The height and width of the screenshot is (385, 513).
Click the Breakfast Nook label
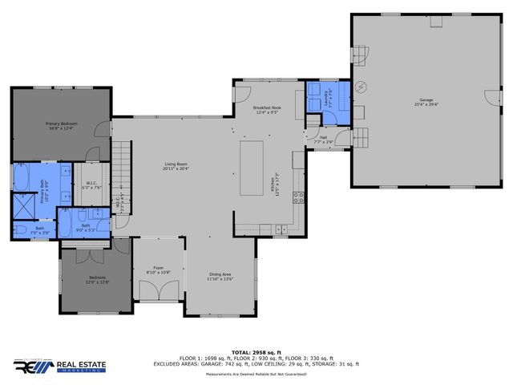[x=266, y=110]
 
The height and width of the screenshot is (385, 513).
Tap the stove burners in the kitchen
[x=297, y=197]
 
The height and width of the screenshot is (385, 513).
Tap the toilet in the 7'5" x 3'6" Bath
[x=19, y=231]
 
